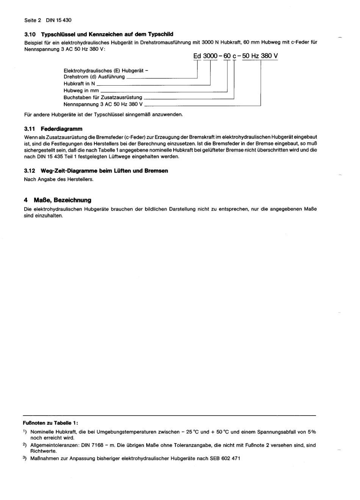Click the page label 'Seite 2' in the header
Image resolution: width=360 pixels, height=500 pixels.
(x=32, y=20)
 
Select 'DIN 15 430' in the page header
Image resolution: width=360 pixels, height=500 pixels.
(x=59, y=20)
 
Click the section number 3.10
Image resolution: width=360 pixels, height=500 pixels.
(x=30, y=34)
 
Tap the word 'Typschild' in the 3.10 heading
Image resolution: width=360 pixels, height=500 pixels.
(x=161, y=34)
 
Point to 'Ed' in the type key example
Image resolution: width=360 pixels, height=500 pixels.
(x=197, y=56)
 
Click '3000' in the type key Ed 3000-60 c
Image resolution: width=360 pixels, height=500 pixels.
(x=210, y=56)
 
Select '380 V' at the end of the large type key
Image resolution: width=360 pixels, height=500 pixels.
(x=269, y=56)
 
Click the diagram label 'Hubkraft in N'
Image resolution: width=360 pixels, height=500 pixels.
(x=79, y=84)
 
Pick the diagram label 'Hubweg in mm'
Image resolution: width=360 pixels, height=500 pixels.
(x=81, y=91)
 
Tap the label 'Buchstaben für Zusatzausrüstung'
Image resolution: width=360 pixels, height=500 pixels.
(x=103, y=97)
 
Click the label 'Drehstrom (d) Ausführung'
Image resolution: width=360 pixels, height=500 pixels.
(x=94, y=77)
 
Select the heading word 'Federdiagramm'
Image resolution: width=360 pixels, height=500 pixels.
(x=61, y=129)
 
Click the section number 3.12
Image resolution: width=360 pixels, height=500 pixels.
(x=30, y=171)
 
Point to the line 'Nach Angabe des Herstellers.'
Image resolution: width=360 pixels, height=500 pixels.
(x=58, y=179)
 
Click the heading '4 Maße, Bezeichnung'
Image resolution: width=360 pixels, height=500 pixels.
(x=57, y=200)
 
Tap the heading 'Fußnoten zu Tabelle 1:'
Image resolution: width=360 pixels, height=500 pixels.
(x=51, y=423)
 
